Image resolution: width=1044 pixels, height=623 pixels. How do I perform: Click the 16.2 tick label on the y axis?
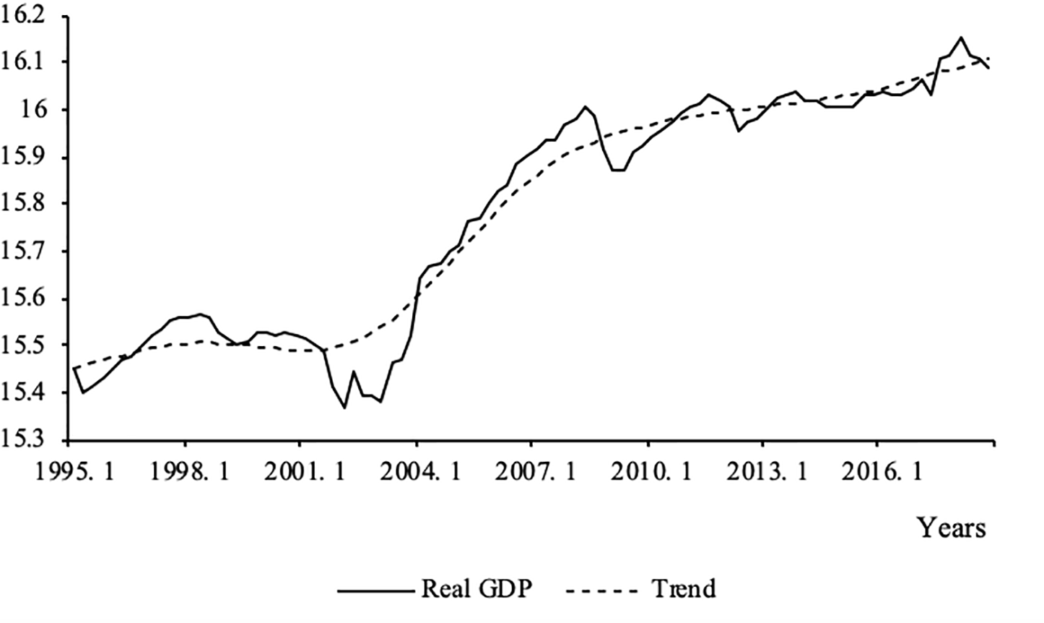click(24, 14)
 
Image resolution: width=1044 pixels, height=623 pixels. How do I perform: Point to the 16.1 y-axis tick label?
click(24, 61)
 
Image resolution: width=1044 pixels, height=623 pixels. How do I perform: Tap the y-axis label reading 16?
click(35, 110)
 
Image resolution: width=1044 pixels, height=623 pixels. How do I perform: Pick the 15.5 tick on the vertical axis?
click(24, 346)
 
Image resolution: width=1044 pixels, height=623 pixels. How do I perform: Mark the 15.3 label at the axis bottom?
click(24, 440)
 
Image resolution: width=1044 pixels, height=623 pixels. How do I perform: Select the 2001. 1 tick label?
click(300, 471)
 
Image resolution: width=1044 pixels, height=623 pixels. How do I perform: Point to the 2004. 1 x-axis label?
click(416, 471)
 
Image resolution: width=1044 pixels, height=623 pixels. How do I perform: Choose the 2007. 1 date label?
click(531, 471)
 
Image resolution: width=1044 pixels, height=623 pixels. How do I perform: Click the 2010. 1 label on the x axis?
click(647, 471)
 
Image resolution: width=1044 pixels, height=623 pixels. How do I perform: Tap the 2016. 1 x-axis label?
click(876, 471)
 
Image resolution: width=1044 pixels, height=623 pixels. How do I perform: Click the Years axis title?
click(951, 528)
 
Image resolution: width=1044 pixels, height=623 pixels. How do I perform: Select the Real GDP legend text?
click(477, 588)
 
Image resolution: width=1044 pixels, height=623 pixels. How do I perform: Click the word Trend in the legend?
click(684, 588)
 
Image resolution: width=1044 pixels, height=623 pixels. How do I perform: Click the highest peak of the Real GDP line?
click(960, 38)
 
